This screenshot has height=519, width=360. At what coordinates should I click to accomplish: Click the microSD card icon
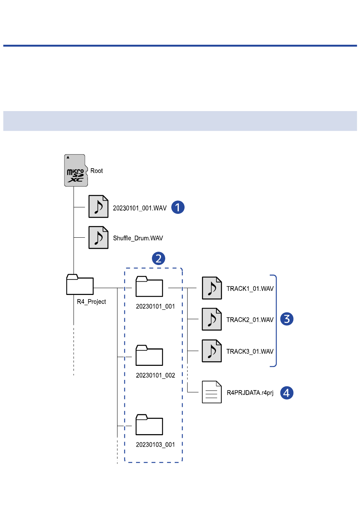click(x=76, y=171)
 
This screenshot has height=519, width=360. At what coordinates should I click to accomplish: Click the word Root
click(x=96, y=171)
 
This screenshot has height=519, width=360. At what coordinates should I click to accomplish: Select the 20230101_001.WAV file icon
click(x=99, y=207)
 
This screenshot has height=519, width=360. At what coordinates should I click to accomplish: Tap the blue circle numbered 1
click(x=178, y=207)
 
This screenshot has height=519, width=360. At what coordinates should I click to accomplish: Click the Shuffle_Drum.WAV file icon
click(x=99, y=237)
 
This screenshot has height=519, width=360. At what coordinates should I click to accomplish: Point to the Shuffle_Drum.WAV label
click(x=138, y=238)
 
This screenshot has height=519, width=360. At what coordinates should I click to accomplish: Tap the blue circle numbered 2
click(x=158, y=259)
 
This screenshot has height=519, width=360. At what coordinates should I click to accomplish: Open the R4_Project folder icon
click(x=80, y=285)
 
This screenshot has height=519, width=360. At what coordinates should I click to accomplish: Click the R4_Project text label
click(x=91, y=302)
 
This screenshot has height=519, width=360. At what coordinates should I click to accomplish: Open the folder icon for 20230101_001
click(x=149, y=286)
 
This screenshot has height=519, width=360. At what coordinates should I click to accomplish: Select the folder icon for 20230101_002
click(x=149, y=356)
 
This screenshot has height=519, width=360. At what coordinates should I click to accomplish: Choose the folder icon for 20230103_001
click(x=149, y=425)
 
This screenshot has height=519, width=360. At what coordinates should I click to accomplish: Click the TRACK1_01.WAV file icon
click(x=212, y=288)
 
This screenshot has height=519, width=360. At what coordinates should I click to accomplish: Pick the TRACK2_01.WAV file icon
click(x=212, y=319)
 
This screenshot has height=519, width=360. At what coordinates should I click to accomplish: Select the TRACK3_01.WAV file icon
click(x=212, y=351)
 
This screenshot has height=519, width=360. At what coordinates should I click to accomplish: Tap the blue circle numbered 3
click(x=287, y=319)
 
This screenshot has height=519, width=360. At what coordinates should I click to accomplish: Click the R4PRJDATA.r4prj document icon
click(x=212, y=392)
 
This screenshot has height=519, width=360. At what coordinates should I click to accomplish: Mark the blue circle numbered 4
click(x=287, y=393)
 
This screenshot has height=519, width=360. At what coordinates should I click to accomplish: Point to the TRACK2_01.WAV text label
click(x=250, y=320)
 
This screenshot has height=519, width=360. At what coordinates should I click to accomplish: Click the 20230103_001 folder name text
click(x=155, y=445)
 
